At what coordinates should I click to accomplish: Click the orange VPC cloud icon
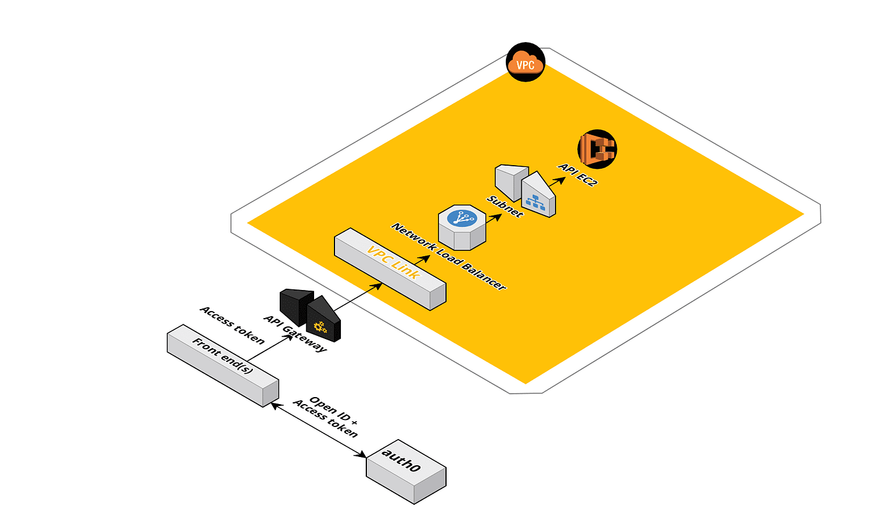pos(526,64)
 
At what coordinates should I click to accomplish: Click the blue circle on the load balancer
pos(462,217)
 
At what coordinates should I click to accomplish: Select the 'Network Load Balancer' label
pos(449,256)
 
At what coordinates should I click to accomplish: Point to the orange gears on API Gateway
pos(320,328)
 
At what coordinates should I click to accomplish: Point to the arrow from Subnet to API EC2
pos(556,182)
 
